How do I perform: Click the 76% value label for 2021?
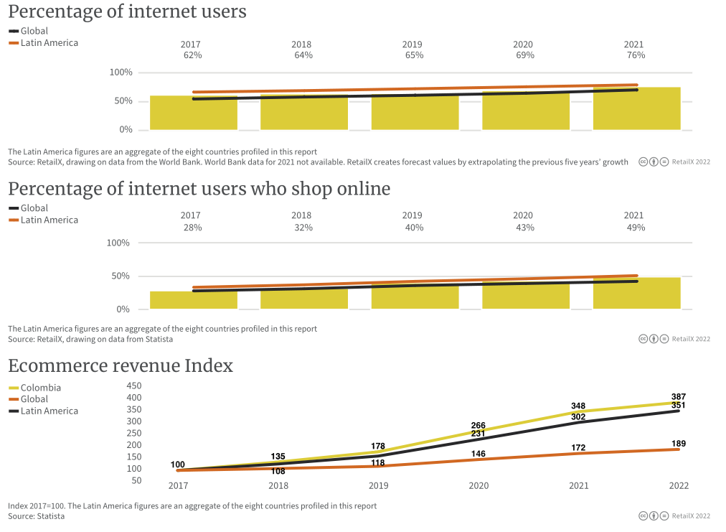636,55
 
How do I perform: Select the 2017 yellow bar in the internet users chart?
194,115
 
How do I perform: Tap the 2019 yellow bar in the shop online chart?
415,297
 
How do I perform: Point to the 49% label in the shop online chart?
636,228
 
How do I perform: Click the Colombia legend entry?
40,388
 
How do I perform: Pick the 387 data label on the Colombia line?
678,396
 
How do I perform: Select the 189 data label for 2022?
678,443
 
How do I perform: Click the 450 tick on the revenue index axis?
133,386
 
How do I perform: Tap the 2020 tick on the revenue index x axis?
478,486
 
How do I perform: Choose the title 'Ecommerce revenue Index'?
121,366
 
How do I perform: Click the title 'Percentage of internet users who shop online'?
199,189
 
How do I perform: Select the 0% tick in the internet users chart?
126,130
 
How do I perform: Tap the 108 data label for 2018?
278,471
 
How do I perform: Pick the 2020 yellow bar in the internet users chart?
525,111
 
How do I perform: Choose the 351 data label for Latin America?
678,406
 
